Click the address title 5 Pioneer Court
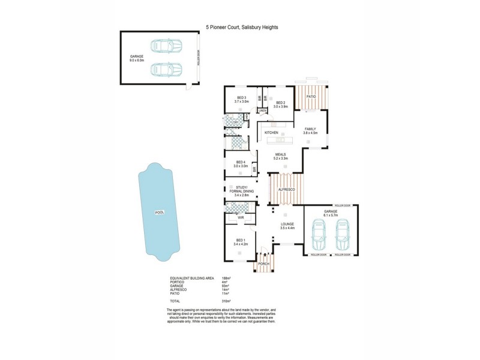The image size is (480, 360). [x=242, y=27]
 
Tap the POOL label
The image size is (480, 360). [x=159, y=212]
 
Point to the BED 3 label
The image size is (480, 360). [x=241, y=98]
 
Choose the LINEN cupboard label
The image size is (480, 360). [x=263, y=111]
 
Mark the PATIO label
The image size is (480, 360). [x=311, y=96]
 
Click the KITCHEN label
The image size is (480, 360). [x=271, y=132]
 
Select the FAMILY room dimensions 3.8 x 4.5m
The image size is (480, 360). [x=310, y=133]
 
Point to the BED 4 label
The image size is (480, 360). [x=241, y=162]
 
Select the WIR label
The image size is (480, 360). [x=241, y=218]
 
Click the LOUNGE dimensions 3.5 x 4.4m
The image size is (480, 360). [x=286, y=229]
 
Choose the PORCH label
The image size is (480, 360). [x=264, y=264]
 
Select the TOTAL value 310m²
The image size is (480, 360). [x=227, y=301]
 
